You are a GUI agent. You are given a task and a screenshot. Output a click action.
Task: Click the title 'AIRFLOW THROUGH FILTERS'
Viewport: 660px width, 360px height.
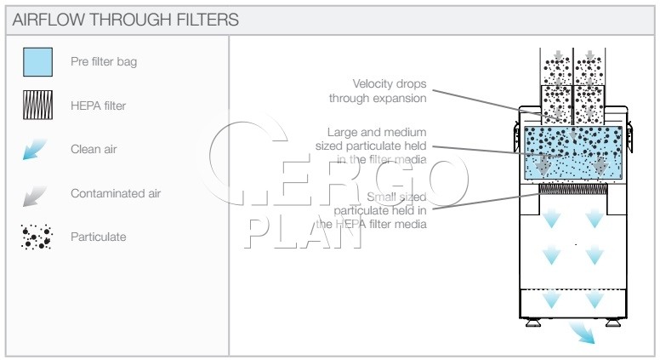coord(125,20)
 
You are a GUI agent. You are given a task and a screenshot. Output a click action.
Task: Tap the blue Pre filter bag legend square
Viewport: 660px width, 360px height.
coord(38,62)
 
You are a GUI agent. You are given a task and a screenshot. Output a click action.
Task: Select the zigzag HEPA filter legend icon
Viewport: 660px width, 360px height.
coord(38,105)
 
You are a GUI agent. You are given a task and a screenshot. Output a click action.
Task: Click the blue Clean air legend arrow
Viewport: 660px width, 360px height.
coord(35,150)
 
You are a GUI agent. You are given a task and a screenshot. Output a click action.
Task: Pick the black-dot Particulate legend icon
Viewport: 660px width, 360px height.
coord(37,237)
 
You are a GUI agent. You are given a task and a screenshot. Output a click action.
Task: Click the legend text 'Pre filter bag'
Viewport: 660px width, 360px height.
coord(104,62)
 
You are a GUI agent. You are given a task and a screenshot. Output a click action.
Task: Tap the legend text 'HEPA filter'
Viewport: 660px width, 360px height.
coord(98,106)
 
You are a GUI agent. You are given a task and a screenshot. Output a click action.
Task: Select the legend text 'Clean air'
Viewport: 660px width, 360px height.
coord(94,149)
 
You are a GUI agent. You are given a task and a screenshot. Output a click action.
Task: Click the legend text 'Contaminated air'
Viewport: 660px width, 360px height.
coord(116,193)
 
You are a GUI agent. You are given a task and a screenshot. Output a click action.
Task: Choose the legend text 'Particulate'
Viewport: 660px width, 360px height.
coord(98,237)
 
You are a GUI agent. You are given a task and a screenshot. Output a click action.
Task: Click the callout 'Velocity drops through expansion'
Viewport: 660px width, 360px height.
coord(378,91)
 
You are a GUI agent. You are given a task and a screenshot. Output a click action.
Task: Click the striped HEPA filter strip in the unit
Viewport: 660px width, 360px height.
coord(573,188)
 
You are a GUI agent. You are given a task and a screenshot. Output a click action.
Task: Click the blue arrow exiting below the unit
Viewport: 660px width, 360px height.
coord(582,332)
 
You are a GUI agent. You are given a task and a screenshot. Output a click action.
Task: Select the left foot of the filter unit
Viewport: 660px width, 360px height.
coord(533,322)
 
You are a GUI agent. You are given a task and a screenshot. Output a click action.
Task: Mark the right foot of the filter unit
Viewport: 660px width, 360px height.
coord(613,322)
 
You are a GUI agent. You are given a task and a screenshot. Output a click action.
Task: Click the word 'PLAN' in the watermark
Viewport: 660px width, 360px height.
coord(303,233)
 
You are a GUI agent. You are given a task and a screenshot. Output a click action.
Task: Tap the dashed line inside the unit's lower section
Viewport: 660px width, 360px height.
coord(573,289)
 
